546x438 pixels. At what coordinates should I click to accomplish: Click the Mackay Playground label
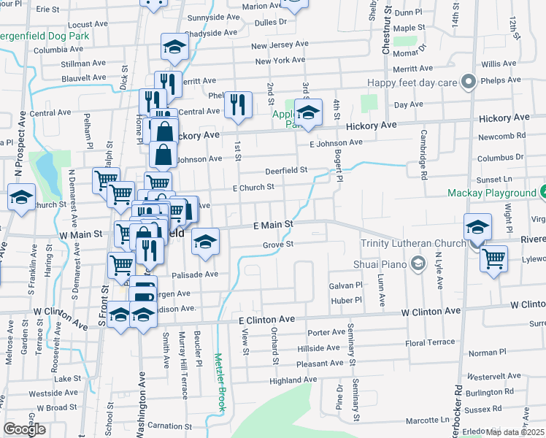click(492, 193)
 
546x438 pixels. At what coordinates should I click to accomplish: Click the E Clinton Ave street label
click(266, 320)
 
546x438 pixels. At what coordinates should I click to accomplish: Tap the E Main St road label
click(272, 225)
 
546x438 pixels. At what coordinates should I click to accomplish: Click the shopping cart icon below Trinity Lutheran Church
click(493, 258)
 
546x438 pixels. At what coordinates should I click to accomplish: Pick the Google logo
click(24, 429)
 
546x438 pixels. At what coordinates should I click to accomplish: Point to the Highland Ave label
click(293, 380)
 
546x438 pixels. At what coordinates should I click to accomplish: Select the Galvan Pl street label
click(345, 285)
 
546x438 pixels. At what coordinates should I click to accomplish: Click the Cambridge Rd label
click(423, 155)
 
